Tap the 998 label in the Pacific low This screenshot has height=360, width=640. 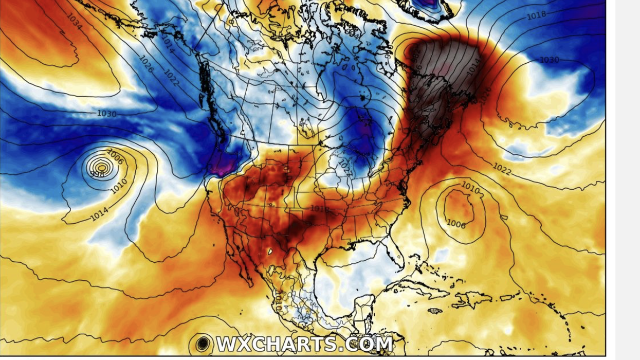tap(97, 174)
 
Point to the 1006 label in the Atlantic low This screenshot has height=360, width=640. tap(456, 224)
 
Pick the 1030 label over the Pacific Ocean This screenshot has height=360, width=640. tap(106, 114)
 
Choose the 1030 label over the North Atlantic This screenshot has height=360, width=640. tap(548, 60)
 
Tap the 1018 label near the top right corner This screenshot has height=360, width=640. tap(536, 15)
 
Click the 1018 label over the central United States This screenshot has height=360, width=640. tap(319, 209)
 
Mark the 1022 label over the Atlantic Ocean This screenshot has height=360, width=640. tap(502, 169)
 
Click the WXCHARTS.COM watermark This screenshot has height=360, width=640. tap(304, 344)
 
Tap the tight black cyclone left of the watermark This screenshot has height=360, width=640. tap(203, 343)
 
